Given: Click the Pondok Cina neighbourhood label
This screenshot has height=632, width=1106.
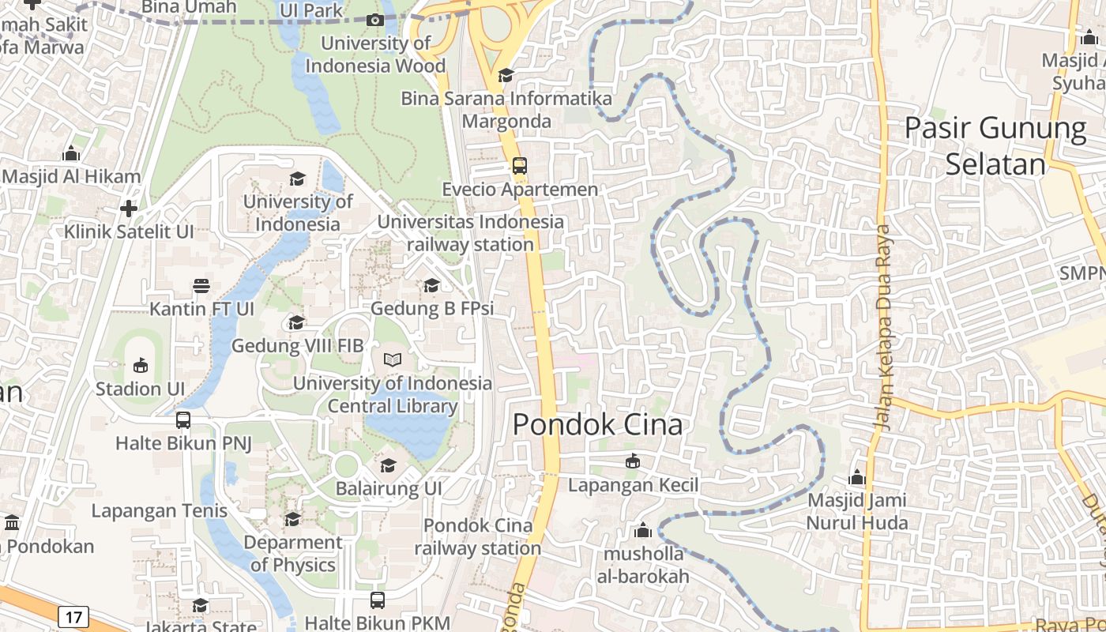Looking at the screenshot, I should [597, 424].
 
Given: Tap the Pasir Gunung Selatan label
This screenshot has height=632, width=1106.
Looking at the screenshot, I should [995, 145].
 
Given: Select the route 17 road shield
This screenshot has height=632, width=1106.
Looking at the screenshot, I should [73, 616].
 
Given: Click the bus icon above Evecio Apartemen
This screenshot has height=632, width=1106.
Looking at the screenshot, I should [520, 166].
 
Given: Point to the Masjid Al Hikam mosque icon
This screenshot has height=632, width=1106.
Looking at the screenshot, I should [71, 153].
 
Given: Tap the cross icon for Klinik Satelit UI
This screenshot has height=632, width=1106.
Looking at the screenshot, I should [129, 209].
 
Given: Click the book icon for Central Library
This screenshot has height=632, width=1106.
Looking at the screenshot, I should [393, 360].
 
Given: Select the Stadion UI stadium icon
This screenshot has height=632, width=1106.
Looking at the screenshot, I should [140, 365].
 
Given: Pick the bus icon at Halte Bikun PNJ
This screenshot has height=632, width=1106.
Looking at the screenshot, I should [183, 419].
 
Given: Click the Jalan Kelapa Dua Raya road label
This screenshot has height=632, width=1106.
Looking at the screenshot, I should [882, 327].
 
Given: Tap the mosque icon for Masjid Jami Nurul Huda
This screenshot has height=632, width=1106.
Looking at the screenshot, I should [857, 478].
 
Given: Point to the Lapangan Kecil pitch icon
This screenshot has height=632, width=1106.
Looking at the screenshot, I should [632, 461].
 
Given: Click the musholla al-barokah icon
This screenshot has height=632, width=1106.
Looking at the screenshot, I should [643, 530].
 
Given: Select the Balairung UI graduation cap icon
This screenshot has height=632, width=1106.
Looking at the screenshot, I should [388, 465].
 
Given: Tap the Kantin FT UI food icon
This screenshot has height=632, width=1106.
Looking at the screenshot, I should [201, 285].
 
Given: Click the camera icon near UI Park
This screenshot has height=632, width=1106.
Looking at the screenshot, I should [376, 20].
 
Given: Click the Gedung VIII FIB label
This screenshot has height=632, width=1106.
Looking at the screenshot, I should [297, 345].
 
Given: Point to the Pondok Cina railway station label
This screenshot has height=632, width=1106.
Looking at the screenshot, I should [478, 536].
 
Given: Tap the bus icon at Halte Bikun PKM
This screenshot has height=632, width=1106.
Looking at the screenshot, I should [378, 600].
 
